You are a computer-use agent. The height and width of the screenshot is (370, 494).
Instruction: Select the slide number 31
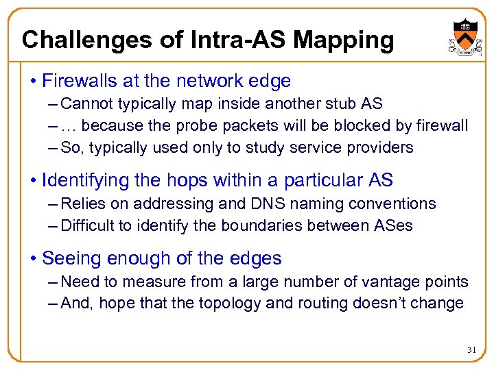click(x=471, y=350)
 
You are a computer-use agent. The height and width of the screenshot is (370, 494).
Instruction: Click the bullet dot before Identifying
click(x=33, y=181)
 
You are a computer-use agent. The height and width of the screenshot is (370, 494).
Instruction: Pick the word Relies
click(x=81, y=203)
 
